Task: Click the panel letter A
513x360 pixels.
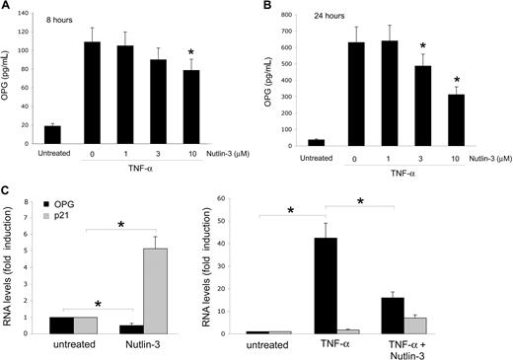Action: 6,8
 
